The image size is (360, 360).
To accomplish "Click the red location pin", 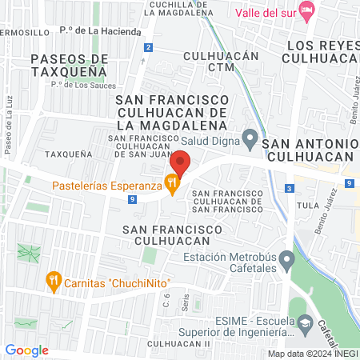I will [x=180, y=164].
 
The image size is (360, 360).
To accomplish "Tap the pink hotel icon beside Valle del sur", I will [x=306, y=10].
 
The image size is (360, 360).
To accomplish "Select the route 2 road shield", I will [x=149, y=48].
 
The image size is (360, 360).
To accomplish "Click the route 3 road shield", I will [x=289, y=189].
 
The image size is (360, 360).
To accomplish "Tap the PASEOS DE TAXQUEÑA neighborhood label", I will [x=69, y=65].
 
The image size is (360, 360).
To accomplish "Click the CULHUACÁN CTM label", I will [x=210, y=62].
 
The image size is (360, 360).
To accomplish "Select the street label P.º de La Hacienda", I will [x=106, y=31].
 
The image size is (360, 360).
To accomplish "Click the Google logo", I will [x=26, y=350].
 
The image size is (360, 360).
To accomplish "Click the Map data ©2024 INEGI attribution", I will [x=312, y=354].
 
